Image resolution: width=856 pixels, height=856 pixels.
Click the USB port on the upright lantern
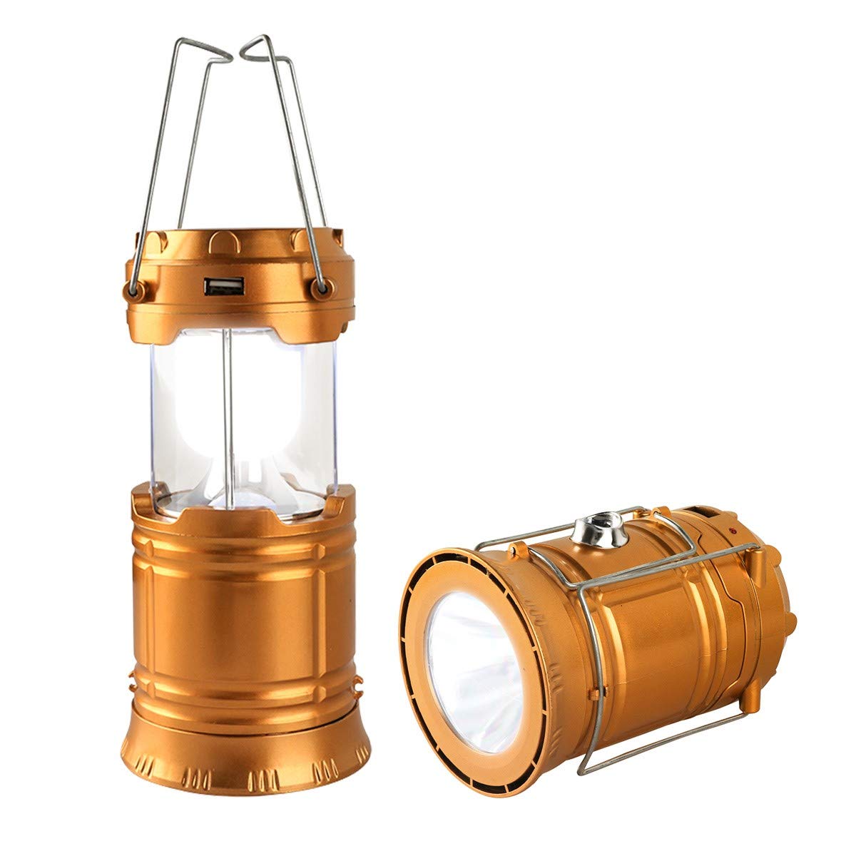coord(216,287)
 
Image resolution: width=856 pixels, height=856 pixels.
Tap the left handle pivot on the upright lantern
coord(132,288)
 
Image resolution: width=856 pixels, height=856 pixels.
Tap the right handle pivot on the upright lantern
coord(322,287)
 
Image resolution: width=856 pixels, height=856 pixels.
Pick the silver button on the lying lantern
coord(598,529)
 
